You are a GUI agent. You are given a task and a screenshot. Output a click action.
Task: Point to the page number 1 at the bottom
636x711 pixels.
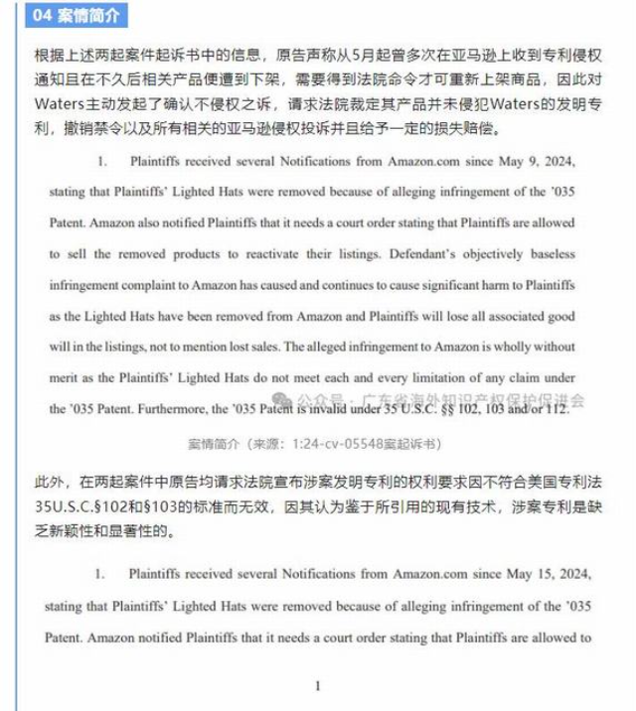point(317,686)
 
